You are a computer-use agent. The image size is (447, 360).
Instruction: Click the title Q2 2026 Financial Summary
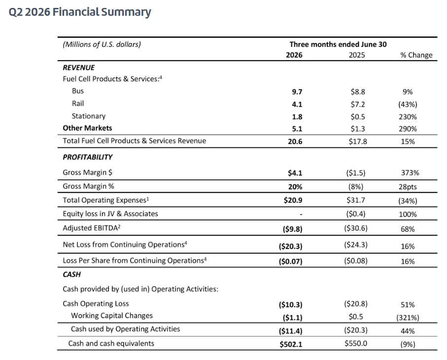pyautogui.click(x=80, y=12)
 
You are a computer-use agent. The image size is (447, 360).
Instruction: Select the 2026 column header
pyautogui.click(x=294, y=55)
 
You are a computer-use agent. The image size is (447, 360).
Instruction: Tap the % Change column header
pyautogui.click(x=416, y=55)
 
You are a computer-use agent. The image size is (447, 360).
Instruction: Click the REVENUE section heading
pyautogui.click(x=79, y=68)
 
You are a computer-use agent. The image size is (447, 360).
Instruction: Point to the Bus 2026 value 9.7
pyautogui.click(x=297, y=92)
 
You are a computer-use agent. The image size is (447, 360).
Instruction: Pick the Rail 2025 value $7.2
pyautogui.click(x=358, y=105)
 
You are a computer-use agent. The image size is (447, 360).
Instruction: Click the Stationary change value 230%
pyautogui.click(x=408, y=117)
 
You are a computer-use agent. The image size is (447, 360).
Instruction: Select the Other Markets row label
pyautogui.click(x=87, y=128)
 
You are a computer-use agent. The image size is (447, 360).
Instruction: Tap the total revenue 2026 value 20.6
pyautogui.click(x=295, y=142)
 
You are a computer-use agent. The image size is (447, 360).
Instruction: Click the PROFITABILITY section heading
pyautogui.click(x=88, y=157)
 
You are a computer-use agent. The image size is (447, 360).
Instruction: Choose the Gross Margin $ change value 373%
pyautogui.click(x=410, y=173)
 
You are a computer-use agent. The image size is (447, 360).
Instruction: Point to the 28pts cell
pyautogui.click(x=408, y=187)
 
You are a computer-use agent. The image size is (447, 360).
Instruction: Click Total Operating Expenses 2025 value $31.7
pyautogui.click(x=356, y=200)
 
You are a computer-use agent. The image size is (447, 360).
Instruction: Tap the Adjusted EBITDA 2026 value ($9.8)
pyautogui.click(x=292, y=229)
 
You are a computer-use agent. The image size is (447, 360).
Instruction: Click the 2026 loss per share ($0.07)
pyautogui.click(x=290, y=261)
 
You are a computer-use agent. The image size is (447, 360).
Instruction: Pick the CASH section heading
pyautogui.click(x=72, y=274)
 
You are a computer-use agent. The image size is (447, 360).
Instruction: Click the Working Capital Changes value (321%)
pyautogui.click(x=408, y=318)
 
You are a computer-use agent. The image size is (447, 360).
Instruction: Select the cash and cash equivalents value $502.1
pyautogui.click(x=291, y=344)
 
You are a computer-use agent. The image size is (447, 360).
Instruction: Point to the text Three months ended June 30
pyautogui.click(x=338, y=44)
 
